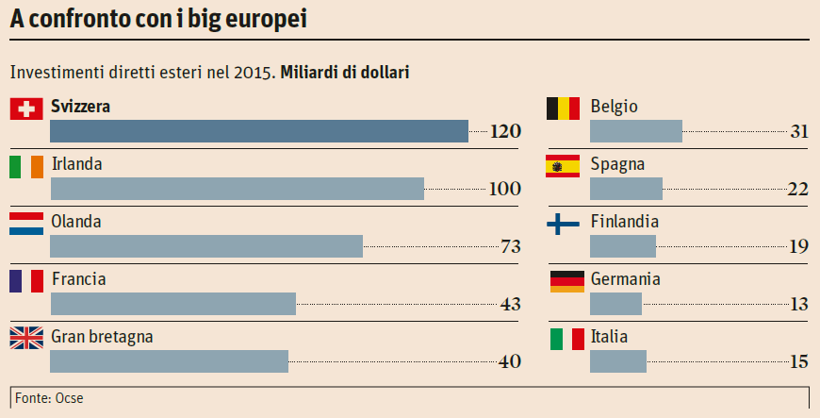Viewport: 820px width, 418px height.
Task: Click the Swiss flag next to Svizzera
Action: pyautogui.click(x=26, y=109)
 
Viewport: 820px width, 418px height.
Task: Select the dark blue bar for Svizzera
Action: pyautogui.click(x=259, y=131)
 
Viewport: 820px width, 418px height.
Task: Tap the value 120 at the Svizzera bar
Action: pyautogui.click(x=505, y=131)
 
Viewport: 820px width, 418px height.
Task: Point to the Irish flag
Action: pyautogui.click(x=26, y=166)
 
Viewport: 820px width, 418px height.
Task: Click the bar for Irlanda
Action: pyautogui.click(x=238, y=189)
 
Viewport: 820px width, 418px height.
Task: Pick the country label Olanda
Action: pyautogui.click(x=76, y=222)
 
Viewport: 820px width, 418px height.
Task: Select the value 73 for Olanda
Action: pyautogui.click(x=511, y=246)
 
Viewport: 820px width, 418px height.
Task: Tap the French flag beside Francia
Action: pyautogui.click(x=26, y=280)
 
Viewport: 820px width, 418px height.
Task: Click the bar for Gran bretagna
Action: pyautogui.click(x=169, y=361)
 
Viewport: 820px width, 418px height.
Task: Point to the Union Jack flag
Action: pyautogui.click(x=26, y=338)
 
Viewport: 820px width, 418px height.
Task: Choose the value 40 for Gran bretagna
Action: pyautogui.click(x=510, y=361)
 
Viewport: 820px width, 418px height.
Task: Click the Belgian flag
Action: pyautogui.click(x=563, y=109)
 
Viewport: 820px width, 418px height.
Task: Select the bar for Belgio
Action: pyautogui.click(x=635, y=131)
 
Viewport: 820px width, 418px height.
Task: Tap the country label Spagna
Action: pyautogui.click(x=617, y=164)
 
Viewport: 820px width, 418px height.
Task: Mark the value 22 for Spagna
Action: pyautogui.click(x=797, y=189)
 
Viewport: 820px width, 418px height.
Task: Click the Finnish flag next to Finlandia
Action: pyautogui.click(x=563, y=224)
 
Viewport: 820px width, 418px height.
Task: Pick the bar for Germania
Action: pyautogui.click(x=615, y=304)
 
